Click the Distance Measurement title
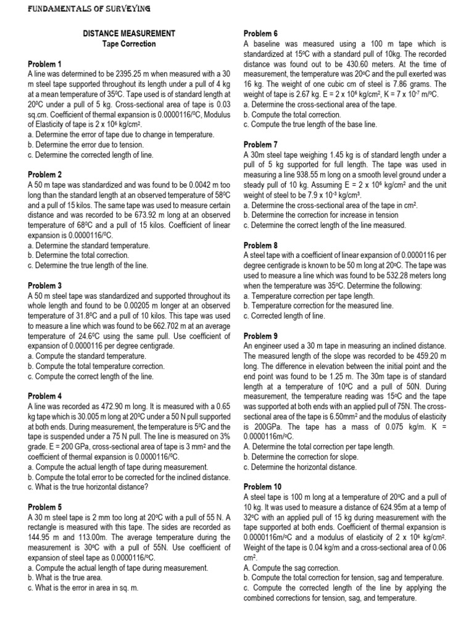coord(129,33)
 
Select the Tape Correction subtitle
coord(129,44)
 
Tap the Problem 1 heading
coord(45,64)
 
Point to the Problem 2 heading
coord(45,175)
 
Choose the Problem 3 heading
coord(45,286)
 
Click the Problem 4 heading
coord(45,396)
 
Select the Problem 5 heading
coord(45,507)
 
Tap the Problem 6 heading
coord(261,33)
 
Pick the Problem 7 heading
coord(261,144)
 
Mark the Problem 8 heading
coord(261,246)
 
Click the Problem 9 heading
coord(261,336)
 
